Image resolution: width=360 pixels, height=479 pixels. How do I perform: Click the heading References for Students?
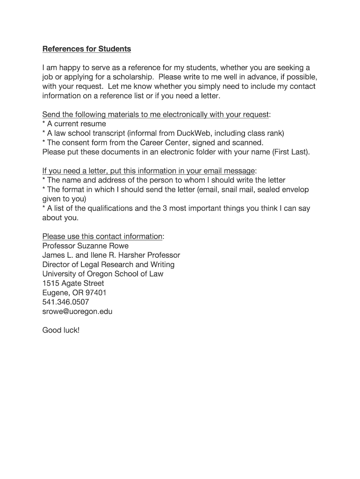pos(86,49)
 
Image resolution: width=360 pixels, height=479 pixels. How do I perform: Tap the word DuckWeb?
pos(193,133)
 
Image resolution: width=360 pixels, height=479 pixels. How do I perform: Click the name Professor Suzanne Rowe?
pos(85,246)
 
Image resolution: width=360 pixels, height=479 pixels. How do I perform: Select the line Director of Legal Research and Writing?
pos(108,264)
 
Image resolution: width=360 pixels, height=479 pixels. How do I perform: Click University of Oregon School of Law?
pos(102,274)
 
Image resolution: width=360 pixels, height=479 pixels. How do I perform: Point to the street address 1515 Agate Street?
pos(73,283)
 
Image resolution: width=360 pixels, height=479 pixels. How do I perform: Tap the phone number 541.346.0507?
pos(65,302)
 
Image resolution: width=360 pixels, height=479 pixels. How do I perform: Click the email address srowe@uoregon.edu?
pos(77,312)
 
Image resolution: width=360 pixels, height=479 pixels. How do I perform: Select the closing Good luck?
pos(61,330)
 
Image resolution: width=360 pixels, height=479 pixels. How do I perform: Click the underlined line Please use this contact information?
pos(102,236)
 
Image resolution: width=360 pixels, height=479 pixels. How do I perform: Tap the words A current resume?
pos(76,124)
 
